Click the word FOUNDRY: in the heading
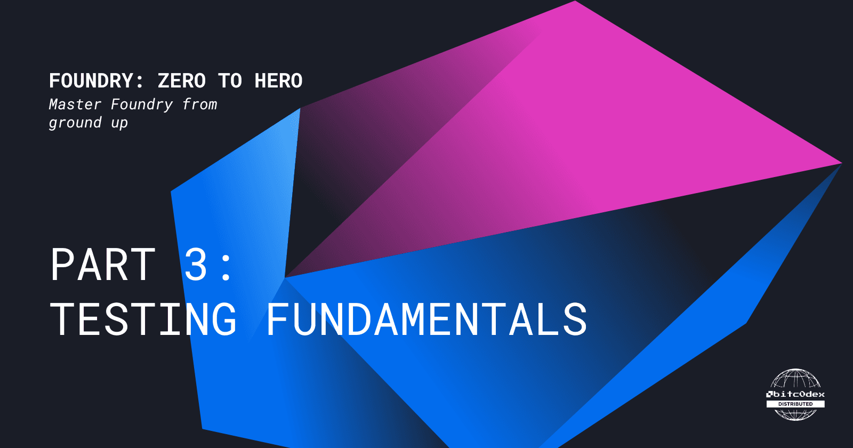click(96, 81)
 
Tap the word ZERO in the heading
click(182, 81)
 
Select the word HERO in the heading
click(278, 81)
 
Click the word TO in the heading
click(230, 81)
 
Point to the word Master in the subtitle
click(75, 105)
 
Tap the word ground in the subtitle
click(75, 123)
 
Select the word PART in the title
click(103, 265)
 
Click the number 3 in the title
click(196, 265)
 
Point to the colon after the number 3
click(226, 267)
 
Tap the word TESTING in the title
click(143, 319)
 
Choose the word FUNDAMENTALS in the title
click(426, 319)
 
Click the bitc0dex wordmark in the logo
click(795, 394)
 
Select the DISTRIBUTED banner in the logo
click(795, 404)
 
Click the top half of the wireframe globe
click(795, 379)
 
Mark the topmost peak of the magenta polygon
click(575, 2)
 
